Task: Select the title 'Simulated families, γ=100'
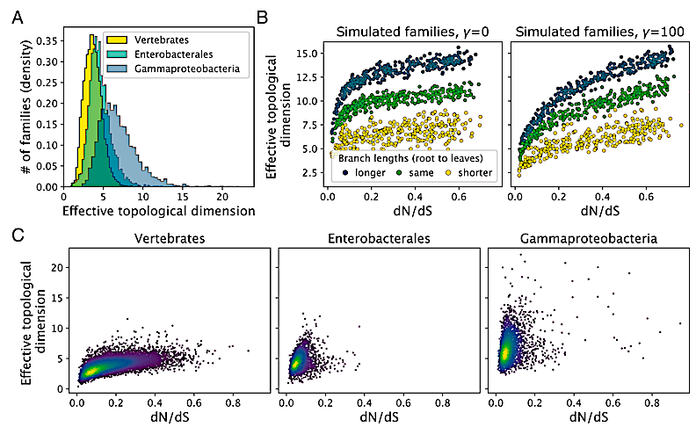[594, 32]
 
